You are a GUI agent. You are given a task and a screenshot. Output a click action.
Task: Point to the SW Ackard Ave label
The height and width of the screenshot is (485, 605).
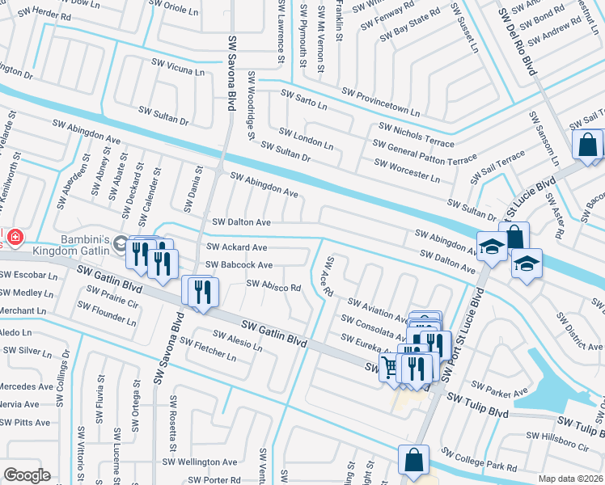237,247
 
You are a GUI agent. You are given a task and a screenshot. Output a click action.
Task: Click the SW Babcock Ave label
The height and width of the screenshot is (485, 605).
239,265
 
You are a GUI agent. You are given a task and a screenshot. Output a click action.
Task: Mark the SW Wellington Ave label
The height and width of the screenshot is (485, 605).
201,462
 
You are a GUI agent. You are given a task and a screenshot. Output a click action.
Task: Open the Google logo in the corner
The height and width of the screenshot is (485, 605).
27,475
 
